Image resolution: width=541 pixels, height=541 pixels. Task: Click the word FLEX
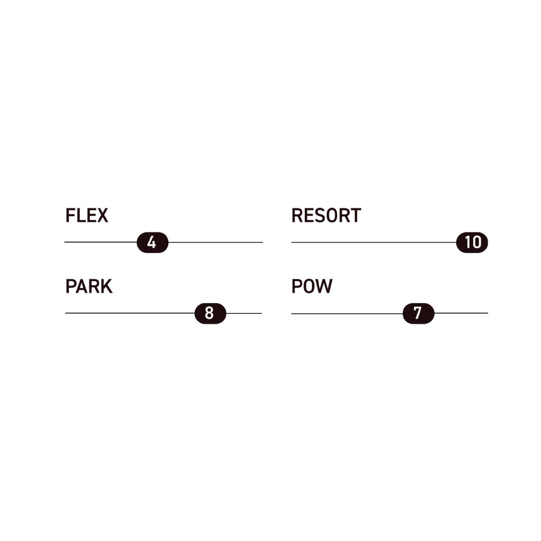pyautogui.click(x=87, y=215)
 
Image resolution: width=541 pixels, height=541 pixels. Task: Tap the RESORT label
pyautogui.click(x=326, y=215)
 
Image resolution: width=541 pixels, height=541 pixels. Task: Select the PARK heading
pyautogui.click(x=88, y=286)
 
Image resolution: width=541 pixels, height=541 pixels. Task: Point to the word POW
pyautogui.click(x=312, y=286)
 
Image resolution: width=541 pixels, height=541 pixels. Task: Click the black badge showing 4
pyautogui.click(x=152, y=243)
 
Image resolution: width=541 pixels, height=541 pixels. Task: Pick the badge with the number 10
pyautogui.click(x=472, y=243)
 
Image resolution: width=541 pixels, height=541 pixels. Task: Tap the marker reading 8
pyautogui.click(x=210, y=313)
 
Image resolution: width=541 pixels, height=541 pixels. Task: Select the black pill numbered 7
pyautogui.click(x=418, y=313)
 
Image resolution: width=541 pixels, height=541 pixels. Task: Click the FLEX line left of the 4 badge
pyautogui.click(x=100, y=242)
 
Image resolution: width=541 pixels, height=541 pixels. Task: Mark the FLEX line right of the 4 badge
pyautogui.click(x=215, y=243)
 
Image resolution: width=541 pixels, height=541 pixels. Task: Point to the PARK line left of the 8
pyautogui.click(x=130, y=313)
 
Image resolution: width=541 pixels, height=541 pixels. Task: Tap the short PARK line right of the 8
pyautogui.click(x=244, y=313)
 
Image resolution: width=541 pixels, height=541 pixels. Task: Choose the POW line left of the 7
pyautogui.click(x=347, y=313)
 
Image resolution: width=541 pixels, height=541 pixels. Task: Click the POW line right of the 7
pyautogui.click(x=461, y=313)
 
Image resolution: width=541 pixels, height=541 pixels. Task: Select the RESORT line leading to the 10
pyautogui.click(x=373, y=243)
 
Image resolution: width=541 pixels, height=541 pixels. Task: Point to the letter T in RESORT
pyautogui.click(x=355, y=215)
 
